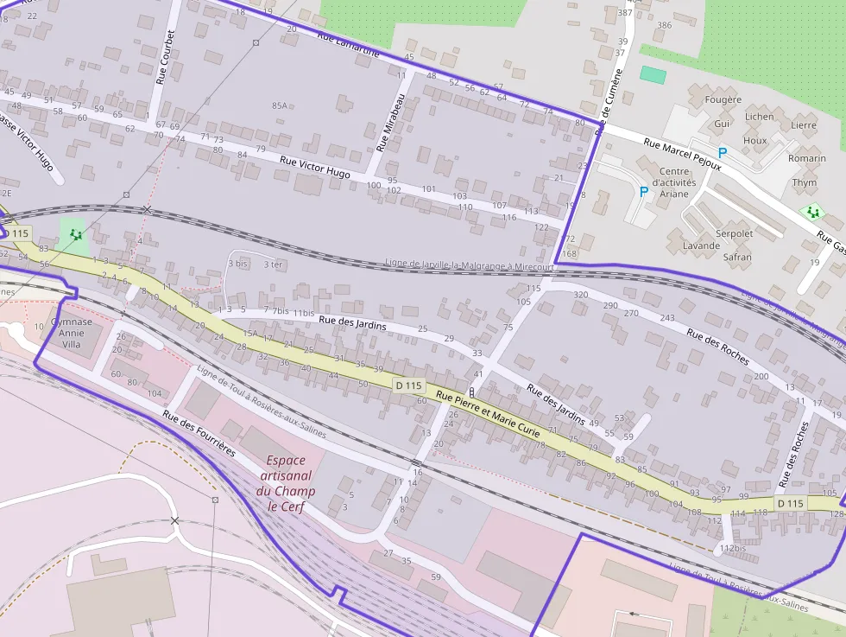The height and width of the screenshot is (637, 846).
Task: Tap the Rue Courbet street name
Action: coord(166,57)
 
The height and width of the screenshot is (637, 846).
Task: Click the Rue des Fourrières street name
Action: coord(199,433)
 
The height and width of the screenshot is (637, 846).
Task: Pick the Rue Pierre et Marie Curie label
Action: coord(488,413)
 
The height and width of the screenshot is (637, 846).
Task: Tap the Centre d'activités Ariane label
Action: coord(674,182)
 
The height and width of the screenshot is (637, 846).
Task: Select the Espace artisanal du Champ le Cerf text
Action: coord(286,483)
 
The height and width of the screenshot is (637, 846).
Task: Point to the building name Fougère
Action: coord(723,99)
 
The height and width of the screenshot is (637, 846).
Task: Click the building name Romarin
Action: coord(806,158)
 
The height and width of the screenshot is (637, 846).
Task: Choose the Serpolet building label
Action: coord(735,233)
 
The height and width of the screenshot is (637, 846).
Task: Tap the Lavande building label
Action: coord(701,245)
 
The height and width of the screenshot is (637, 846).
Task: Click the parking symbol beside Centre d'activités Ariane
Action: coord(643,192)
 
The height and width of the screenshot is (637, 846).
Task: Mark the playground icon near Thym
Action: coord(811,211)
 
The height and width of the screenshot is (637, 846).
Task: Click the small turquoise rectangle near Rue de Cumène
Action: coord(653,75)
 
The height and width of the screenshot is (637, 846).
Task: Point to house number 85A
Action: coord(279,105)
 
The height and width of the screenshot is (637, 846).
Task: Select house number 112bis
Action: coord(732,548)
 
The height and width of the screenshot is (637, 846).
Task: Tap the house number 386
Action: coord(663,25)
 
